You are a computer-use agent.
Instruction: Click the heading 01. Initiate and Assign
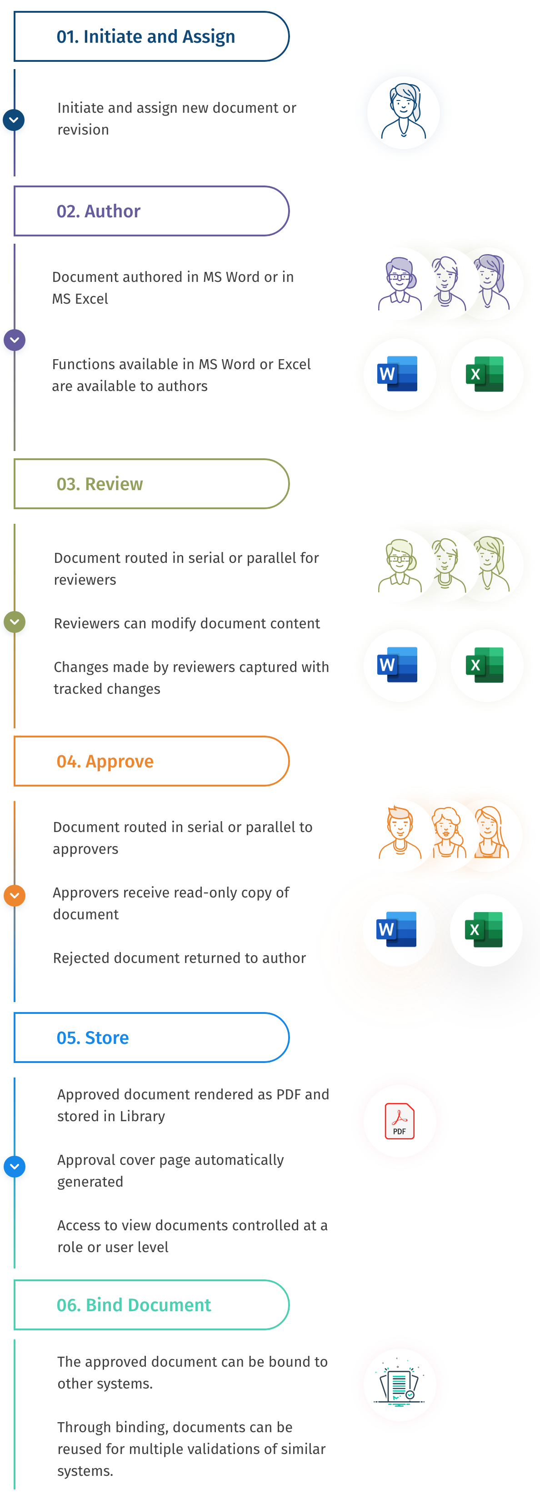(x=145, y=36)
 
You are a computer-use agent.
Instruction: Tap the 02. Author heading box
(x=99, y=211)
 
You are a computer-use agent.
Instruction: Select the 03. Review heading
(x=100, y=484)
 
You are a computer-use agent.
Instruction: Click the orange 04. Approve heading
(x=105, y=761)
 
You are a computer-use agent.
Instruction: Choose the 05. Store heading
(x=93, y=1038)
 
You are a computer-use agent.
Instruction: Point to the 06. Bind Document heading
(x=134, y=1305)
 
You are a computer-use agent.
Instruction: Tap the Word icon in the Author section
(x=398, y=374)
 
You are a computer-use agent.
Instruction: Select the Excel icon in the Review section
(x=485, y=665)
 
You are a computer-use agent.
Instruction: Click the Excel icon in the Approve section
(x=485, y=930)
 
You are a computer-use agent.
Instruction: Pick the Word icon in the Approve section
(x=397, y=929)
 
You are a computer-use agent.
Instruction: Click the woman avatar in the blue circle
(x=403, y=112)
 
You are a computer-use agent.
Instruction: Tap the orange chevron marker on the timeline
(x=15, y=896)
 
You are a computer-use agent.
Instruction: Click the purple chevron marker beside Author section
(x=15, y=340)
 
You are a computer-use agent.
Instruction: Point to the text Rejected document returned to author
(x=179, y=958)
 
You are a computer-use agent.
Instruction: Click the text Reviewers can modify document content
(x=187, y=623)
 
